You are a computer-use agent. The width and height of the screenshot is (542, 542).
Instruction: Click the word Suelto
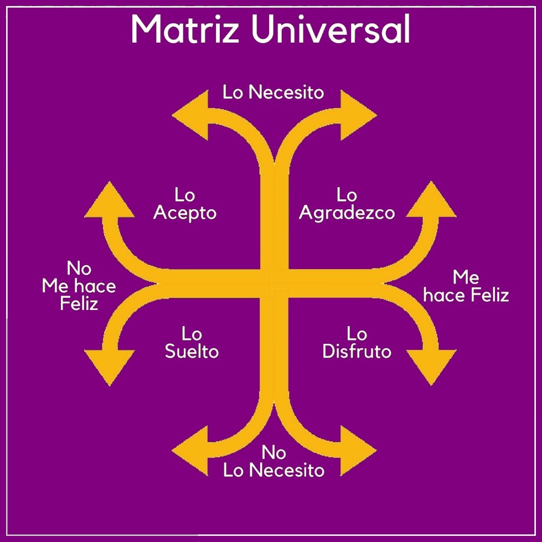(x=192, y=352)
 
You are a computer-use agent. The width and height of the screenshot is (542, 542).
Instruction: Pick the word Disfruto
(x=357, y=352)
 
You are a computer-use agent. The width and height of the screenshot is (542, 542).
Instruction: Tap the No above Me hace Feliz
(x=79, y=269)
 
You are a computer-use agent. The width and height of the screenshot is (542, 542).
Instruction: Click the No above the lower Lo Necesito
(x=273, y=453)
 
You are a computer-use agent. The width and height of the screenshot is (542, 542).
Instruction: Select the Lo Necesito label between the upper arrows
(x=273, y=92)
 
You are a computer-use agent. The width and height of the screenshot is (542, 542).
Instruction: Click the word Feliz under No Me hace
(x=79, y=303)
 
